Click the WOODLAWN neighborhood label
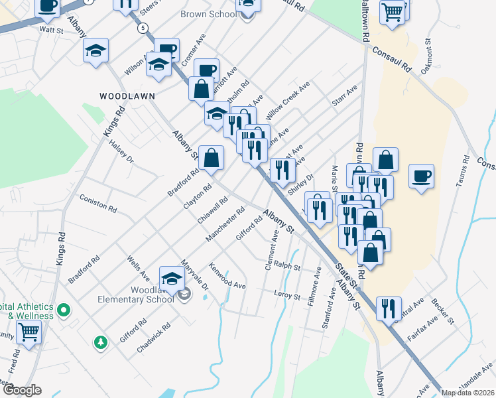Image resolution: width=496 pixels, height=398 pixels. pos(127,96)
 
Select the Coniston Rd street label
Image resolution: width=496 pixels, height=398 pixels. pos(97,203)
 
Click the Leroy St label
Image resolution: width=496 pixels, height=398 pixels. pos(287,293)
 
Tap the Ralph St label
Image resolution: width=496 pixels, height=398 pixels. pos(288,267)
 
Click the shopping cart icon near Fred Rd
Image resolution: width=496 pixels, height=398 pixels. pos(29,331)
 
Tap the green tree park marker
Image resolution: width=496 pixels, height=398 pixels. pos(101,342)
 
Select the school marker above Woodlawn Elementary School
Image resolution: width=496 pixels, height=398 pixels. pos(172,278)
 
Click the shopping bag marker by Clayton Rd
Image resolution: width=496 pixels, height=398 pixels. pos(212,158)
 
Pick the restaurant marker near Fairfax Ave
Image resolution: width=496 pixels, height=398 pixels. pos(389,308)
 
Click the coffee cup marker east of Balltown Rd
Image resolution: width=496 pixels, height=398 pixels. pos(422,176)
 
